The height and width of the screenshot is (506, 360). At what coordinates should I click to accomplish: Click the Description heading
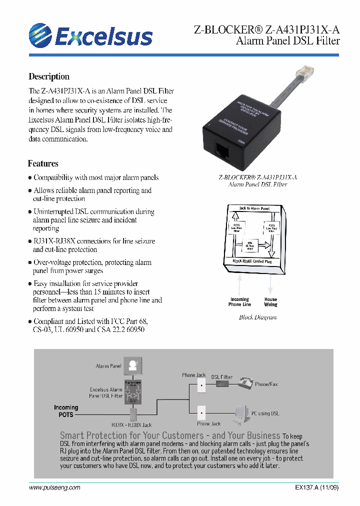point(49,76)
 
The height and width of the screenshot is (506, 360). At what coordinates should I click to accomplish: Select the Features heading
point(43,163)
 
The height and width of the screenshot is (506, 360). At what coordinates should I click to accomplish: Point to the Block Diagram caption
point(257,317)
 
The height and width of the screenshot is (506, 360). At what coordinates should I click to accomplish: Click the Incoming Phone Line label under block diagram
point(239,302)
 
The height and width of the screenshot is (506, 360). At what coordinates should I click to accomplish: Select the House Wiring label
point(270,302)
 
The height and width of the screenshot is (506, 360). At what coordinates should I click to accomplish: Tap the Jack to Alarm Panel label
point(254,208)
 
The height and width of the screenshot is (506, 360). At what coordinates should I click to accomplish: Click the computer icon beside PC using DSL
point(241,412)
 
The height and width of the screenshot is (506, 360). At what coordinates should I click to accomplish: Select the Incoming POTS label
point(66,411)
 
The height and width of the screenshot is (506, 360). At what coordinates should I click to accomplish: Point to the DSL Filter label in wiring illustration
point(221,377)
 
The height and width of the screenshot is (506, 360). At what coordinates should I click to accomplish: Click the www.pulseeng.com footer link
point(54,488)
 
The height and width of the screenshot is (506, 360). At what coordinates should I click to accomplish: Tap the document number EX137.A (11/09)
point(313,488)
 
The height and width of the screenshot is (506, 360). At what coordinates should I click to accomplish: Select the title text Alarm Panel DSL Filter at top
point(287,40)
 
